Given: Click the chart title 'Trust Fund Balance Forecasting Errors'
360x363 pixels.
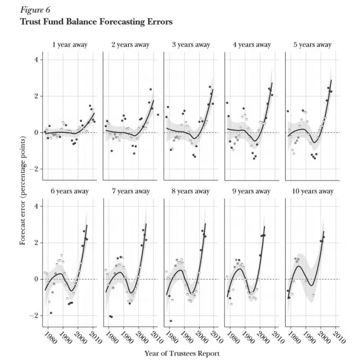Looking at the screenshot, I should click(x=96, y=22).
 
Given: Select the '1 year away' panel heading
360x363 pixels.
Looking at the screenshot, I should click(x=70, y=45).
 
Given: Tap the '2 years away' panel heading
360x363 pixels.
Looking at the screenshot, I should click(x=131, y=45).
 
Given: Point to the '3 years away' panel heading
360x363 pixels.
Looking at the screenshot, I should click(x=191, y=45).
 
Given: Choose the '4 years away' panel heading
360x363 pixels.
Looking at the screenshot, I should click(x=252, y=45).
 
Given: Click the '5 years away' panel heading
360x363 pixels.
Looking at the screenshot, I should click(x=313, y=45).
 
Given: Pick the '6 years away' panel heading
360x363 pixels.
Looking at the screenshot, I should click(x=70, y=191).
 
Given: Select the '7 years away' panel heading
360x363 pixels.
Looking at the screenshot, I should click(x=131, y=191).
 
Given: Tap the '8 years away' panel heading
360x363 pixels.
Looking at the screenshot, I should click(x=191, y=191).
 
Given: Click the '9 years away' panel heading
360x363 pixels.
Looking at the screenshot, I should click(x=252, y=191).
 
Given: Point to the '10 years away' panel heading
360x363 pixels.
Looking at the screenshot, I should click(x=313, y=191).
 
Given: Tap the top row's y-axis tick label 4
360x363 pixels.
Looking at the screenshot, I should click(x=37, y=60).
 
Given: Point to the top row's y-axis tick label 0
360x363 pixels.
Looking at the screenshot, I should click(x=37, y=132).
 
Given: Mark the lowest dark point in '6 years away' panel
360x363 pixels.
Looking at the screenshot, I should click(x=51, y=313).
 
